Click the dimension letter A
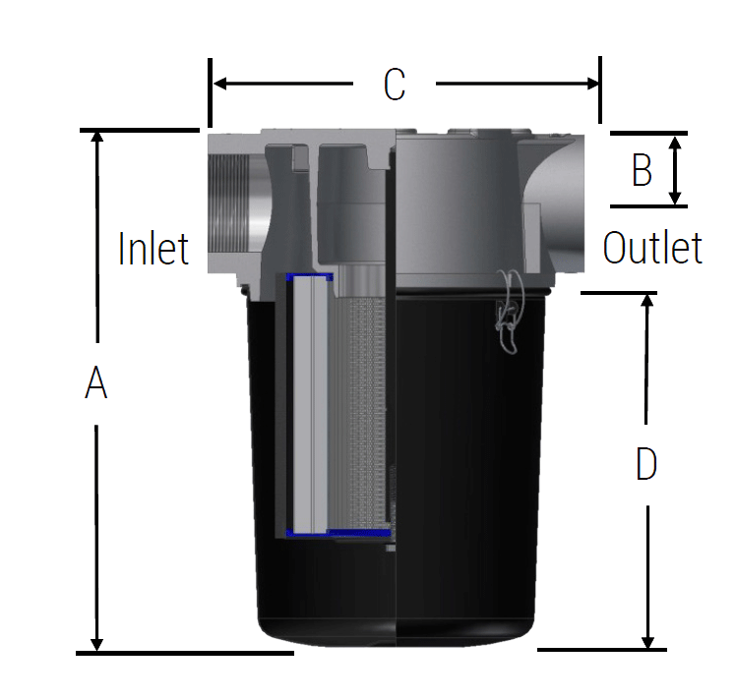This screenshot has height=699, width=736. pos(95,383)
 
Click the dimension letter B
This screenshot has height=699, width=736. pos(642,170)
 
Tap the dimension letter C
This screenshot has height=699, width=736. pos(394,85)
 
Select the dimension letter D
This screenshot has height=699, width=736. pos(645,464)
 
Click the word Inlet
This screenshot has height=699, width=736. pos(153,249)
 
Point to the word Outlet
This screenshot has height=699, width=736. pos(652,249)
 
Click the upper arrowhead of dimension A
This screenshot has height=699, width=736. pos(96,139)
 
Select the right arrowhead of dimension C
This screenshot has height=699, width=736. pos(592,84)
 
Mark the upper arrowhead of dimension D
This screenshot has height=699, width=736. pos(647,301)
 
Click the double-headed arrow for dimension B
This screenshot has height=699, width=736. pos(675,170)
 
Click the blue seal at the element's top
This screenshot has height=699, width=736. pos(309,277)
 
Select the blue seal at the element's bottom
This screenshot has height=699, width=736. pos(335,533)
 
